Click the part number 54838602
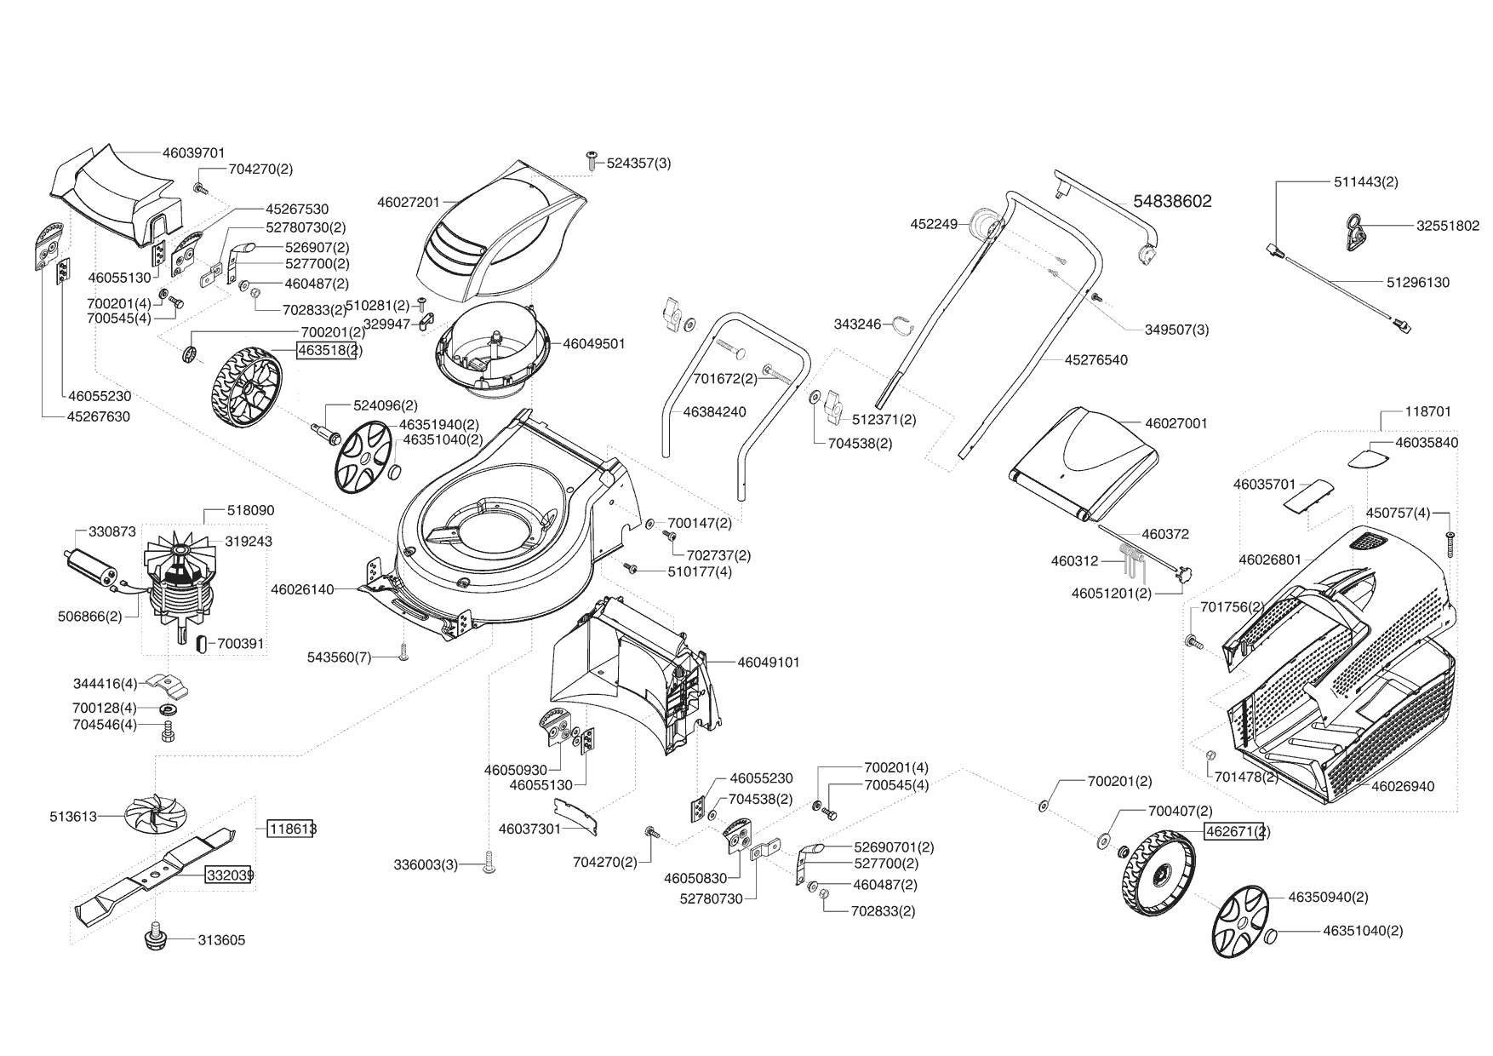[1172, 201]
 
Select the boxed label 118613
[290, 828]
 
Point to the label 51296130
[1417, 283]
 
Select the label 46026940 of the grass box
[1403, 786]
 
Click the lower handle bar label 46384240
[714, 411]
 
